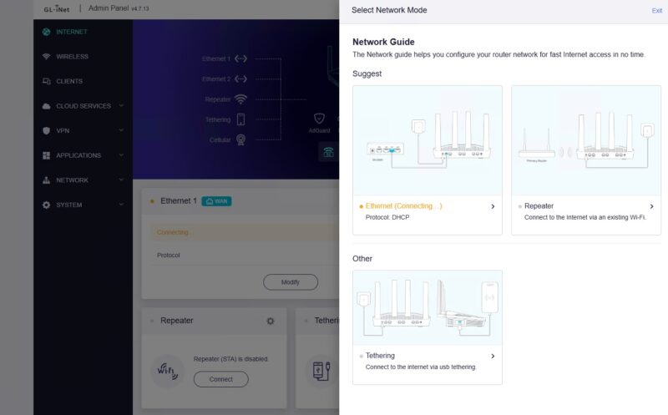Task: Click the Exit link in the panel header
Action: coord(656,11)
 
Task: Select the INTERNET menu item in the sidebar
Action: coord(71,32)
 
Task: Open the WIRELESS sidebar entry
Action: coord(72,57)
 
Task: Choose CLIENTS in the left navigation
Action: coord(68,81)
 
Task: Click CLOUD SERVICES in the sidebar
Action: coord(83,106)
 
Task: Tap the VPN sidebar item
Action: coord(63,130)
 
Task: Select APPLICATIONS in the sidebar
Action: coord(78,155)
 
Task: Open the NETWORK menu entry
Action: coord(72,180)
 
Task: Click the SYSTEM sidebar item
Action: coord(68,205)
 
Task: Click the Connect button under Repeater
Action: coord(220,379)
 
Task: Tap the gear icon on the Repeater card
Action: coord(270,321)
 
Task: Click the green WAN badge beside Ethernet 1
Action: coord(216,201)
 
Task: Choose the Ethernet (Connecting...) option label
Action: coord(404,206)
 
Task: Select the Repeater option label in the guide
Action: coord(539,206)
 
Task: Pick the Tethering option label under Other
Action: coord(380,356)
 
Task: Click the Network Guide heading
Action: coord(383,42)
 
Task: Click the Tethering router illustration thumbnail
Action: coord(428,307)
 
